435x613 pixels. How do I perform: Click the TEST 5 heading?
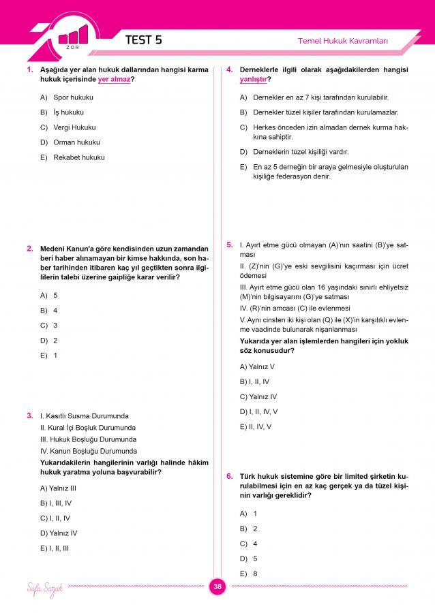pos(143,40)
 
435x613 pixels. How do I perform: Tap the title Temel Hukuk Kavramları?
pos(342,41)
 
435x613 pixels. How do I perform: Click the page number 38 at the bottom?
pos(217,587)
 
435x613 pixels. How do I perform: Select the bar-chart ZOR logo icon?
pos(73,37)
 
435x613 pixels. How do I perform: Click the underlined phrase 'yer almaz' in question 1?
pos(114,80)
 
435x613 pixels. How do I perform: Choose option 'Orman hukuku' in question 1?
pos(76,142)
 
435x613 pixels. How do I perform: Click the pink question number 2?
pos(30,249)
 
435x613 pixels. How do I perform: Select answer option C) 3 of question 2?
pos(48,325)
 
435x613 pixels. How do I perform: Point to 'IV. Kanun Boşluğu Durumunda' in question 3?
pos(89,451)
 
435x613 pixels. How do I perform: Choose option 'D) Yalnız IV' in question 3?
pos(59,533)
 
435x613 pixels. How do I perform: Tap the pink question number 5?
pos(230,243)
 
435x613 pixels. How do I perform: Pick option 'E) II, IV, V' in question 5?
pos(256,426)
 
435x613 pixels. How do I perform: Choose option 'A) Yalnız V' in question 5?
pos(254,366)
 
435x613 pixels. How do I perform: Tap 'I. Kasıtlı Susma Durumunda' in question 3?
pos(85,415)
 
